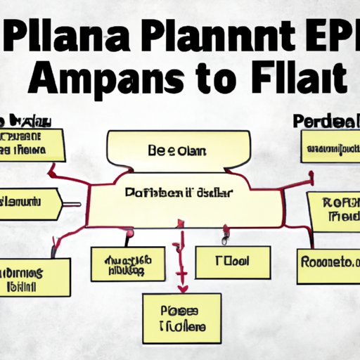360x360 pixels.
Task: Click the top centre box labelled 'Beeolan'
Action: [181, 150]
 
